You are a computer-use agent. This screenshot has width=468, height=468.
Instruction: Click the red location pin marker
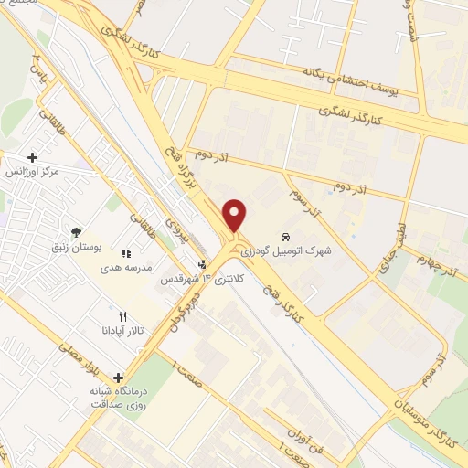click(235, 215)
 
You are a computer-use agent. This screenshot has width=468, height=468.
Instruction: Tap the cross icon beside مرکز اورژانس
click(34, 157)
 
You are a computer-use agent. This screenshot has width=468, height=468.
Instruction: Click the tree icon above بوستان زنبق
click(76, 232)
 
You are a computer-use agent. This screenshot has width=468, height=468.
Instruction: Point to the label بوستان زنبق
click(77, 247)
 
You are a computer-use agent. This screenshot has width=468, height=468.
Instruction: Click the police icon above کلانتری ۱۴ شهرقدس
click(202, 266)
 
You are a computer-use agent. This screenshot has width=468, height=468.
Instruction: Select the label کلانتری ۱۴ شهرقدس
click(193, 279)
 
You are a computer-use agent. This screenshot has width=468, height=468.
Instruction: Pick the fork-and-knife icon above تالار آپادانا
click(122, 316)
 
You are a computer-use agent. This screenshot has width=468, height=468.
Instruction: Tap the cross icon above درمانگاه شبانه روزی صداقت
click(118, 377)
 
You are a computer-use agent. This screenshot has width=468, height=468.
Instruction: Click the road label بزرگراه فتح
click(179, 165)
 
